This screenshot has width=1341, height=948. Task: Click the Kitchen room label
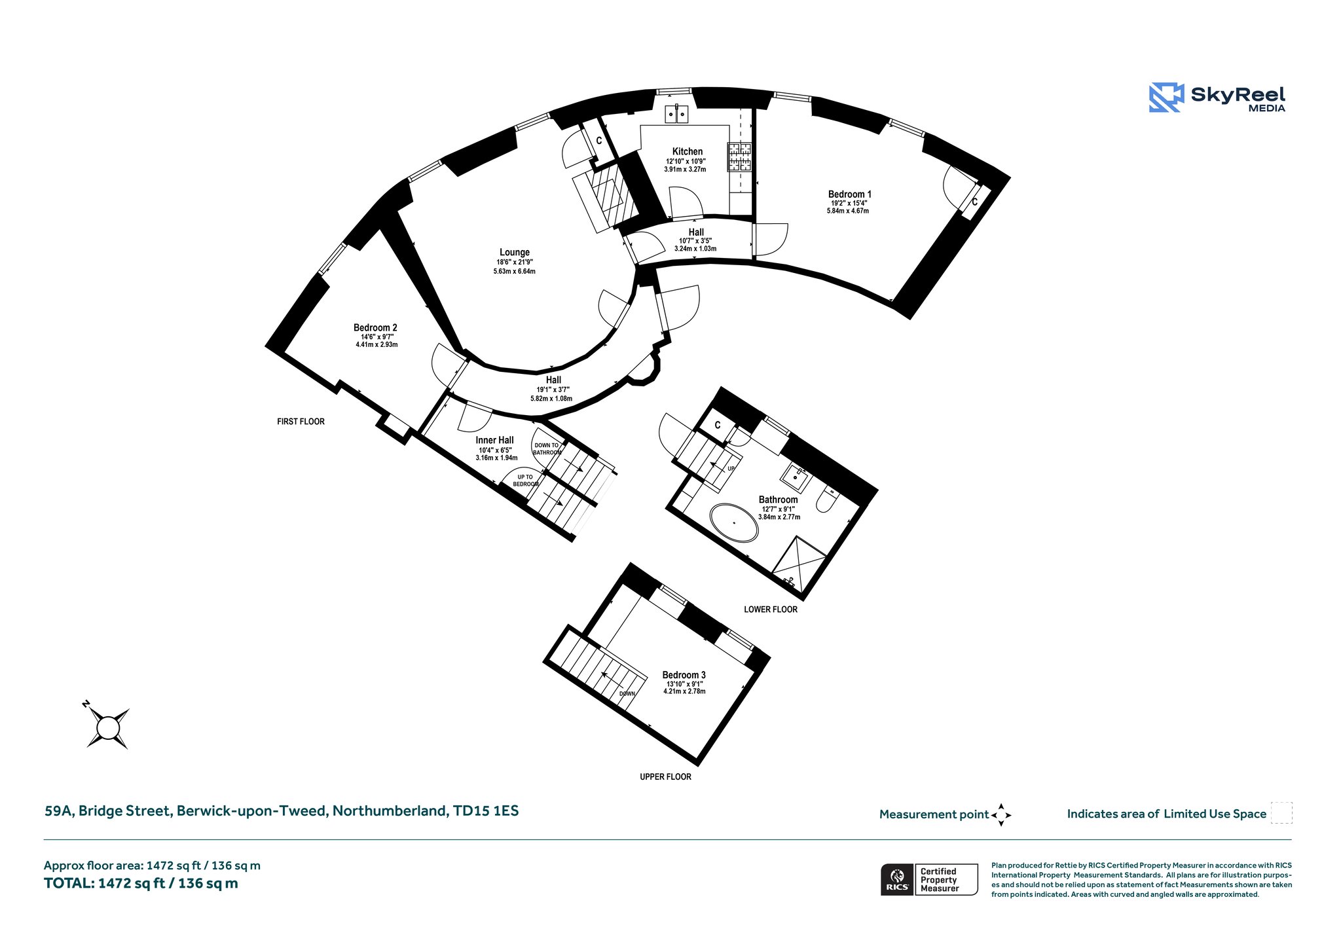pos(688,151)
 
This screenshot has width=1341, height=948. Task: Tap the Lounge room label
pos(515,252)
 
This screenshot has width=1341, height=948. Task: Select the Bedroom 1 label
pos(850,194)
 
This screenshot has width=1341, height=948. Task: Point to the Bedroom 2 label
pos(375,327)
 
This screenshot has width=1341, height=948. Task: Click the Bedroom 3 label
pos(684,675)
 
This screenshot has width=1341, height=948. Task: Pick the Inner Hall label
pos(495,440)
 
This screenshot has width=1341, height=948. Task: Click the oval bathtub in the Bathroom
pos(735,522)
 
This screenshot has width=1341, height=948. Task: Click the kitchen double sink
pos(676,114)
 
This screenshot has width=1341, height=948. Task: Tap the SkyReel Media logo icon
pos(1166,98)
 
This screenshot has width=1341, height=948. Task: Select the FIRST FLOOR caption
pos(301,422)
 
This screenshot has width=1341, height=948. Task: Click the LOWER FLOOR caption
pos(771,610)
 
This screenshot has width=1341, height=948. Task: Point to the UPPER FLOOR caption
pos(665,777)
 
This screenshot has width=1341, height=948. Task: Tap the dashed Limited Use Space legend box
pos(1281,813)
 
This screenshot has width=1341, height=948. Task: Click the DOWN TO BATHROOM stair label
pos(547,448)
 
